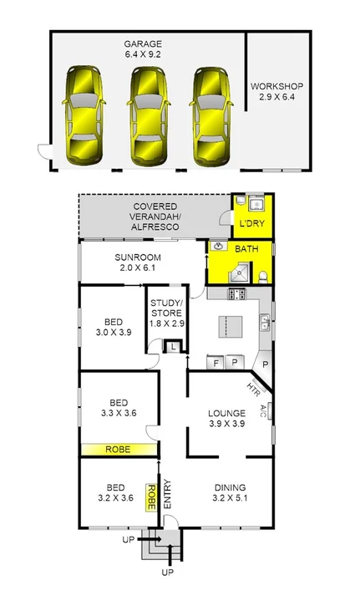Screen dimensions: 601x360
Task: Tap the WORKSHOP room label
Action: pyautogui.click(x=276, y=91)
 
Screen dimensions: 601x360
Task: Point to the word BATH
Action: pyautogui.click(x=246, y=250)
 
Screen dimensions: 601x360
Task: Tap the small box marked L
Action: pyautogui.click(x=173, y=347)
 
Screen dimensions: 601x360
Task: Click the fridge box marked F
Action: pyautogui.click(x=216, y=363)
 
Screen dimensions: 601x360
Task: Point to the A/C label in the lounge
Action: pyautogui.click(x=263, y=410)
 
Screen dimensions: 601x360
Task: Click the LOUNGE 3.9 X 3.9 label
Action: pyautogui.click(x=226, y=418)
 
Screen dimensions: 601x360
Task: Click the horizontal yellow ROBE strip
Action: pyautogui.click(x=119, y=450)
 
